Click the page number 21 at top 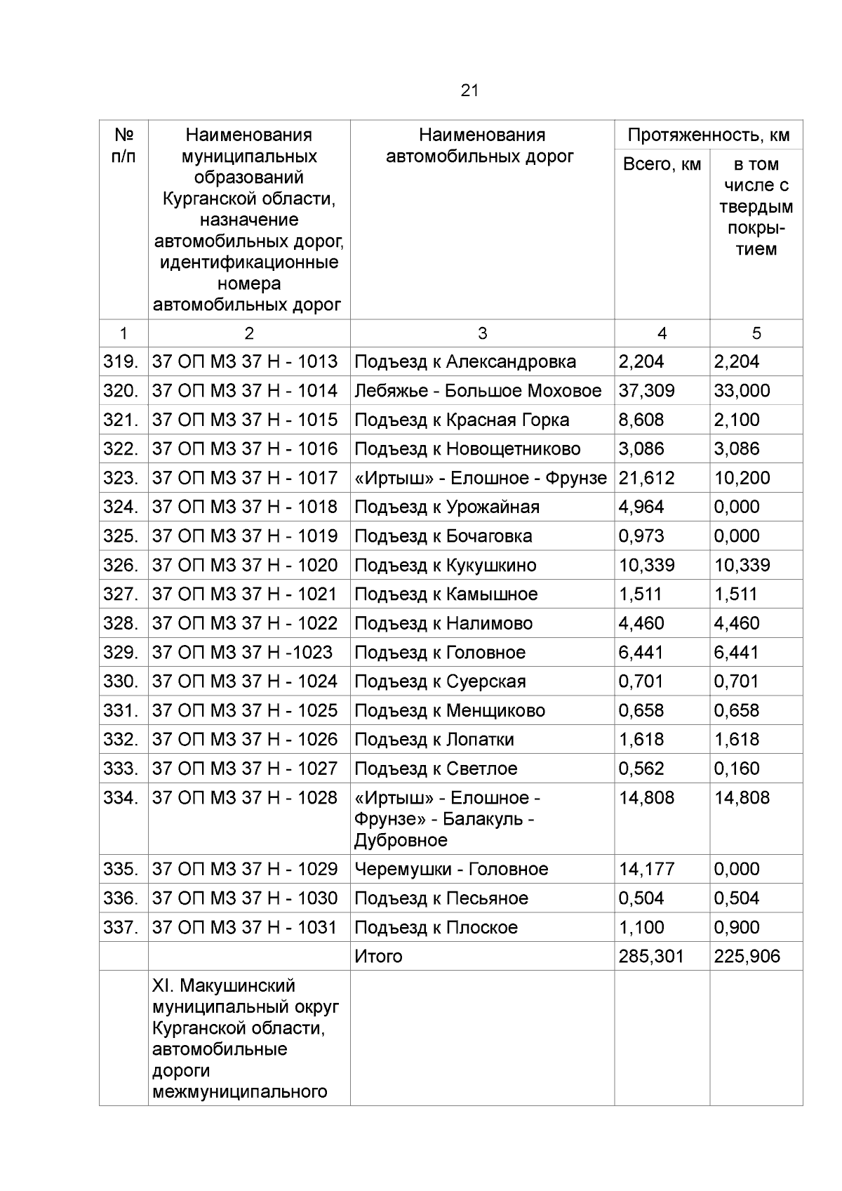tap(469, 91)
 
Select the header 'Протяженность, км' tap(708, 135)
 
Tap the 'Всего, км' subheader tap(662, 164)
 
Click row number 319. tap(120, 361)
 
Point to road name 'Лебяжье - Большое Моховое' tap(477, 391)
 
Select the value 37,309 tap(646, 391)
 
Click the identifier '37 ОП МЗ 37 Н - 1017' tap(245, 478)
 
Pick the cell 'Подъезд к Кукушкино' tap(445, 565)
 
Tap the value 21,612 tap(646, 478)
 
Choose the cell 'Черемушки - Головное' tap(450, 869)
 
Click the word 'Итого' tap(378, 956)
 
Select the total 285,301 tap(650, 956)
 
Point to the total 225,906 tap(747, 956)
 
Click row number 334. tap(120, 798)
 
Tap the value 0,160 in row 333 tap(736, 769)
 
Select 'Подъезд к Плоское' tap(436, 927)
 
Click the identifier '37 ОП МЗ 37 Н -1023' tap(242, 652)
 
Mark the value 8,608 tap(641, 420)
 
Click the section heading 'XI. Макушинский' tap(223, 986)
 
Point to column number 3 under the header tap(481, 333)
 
